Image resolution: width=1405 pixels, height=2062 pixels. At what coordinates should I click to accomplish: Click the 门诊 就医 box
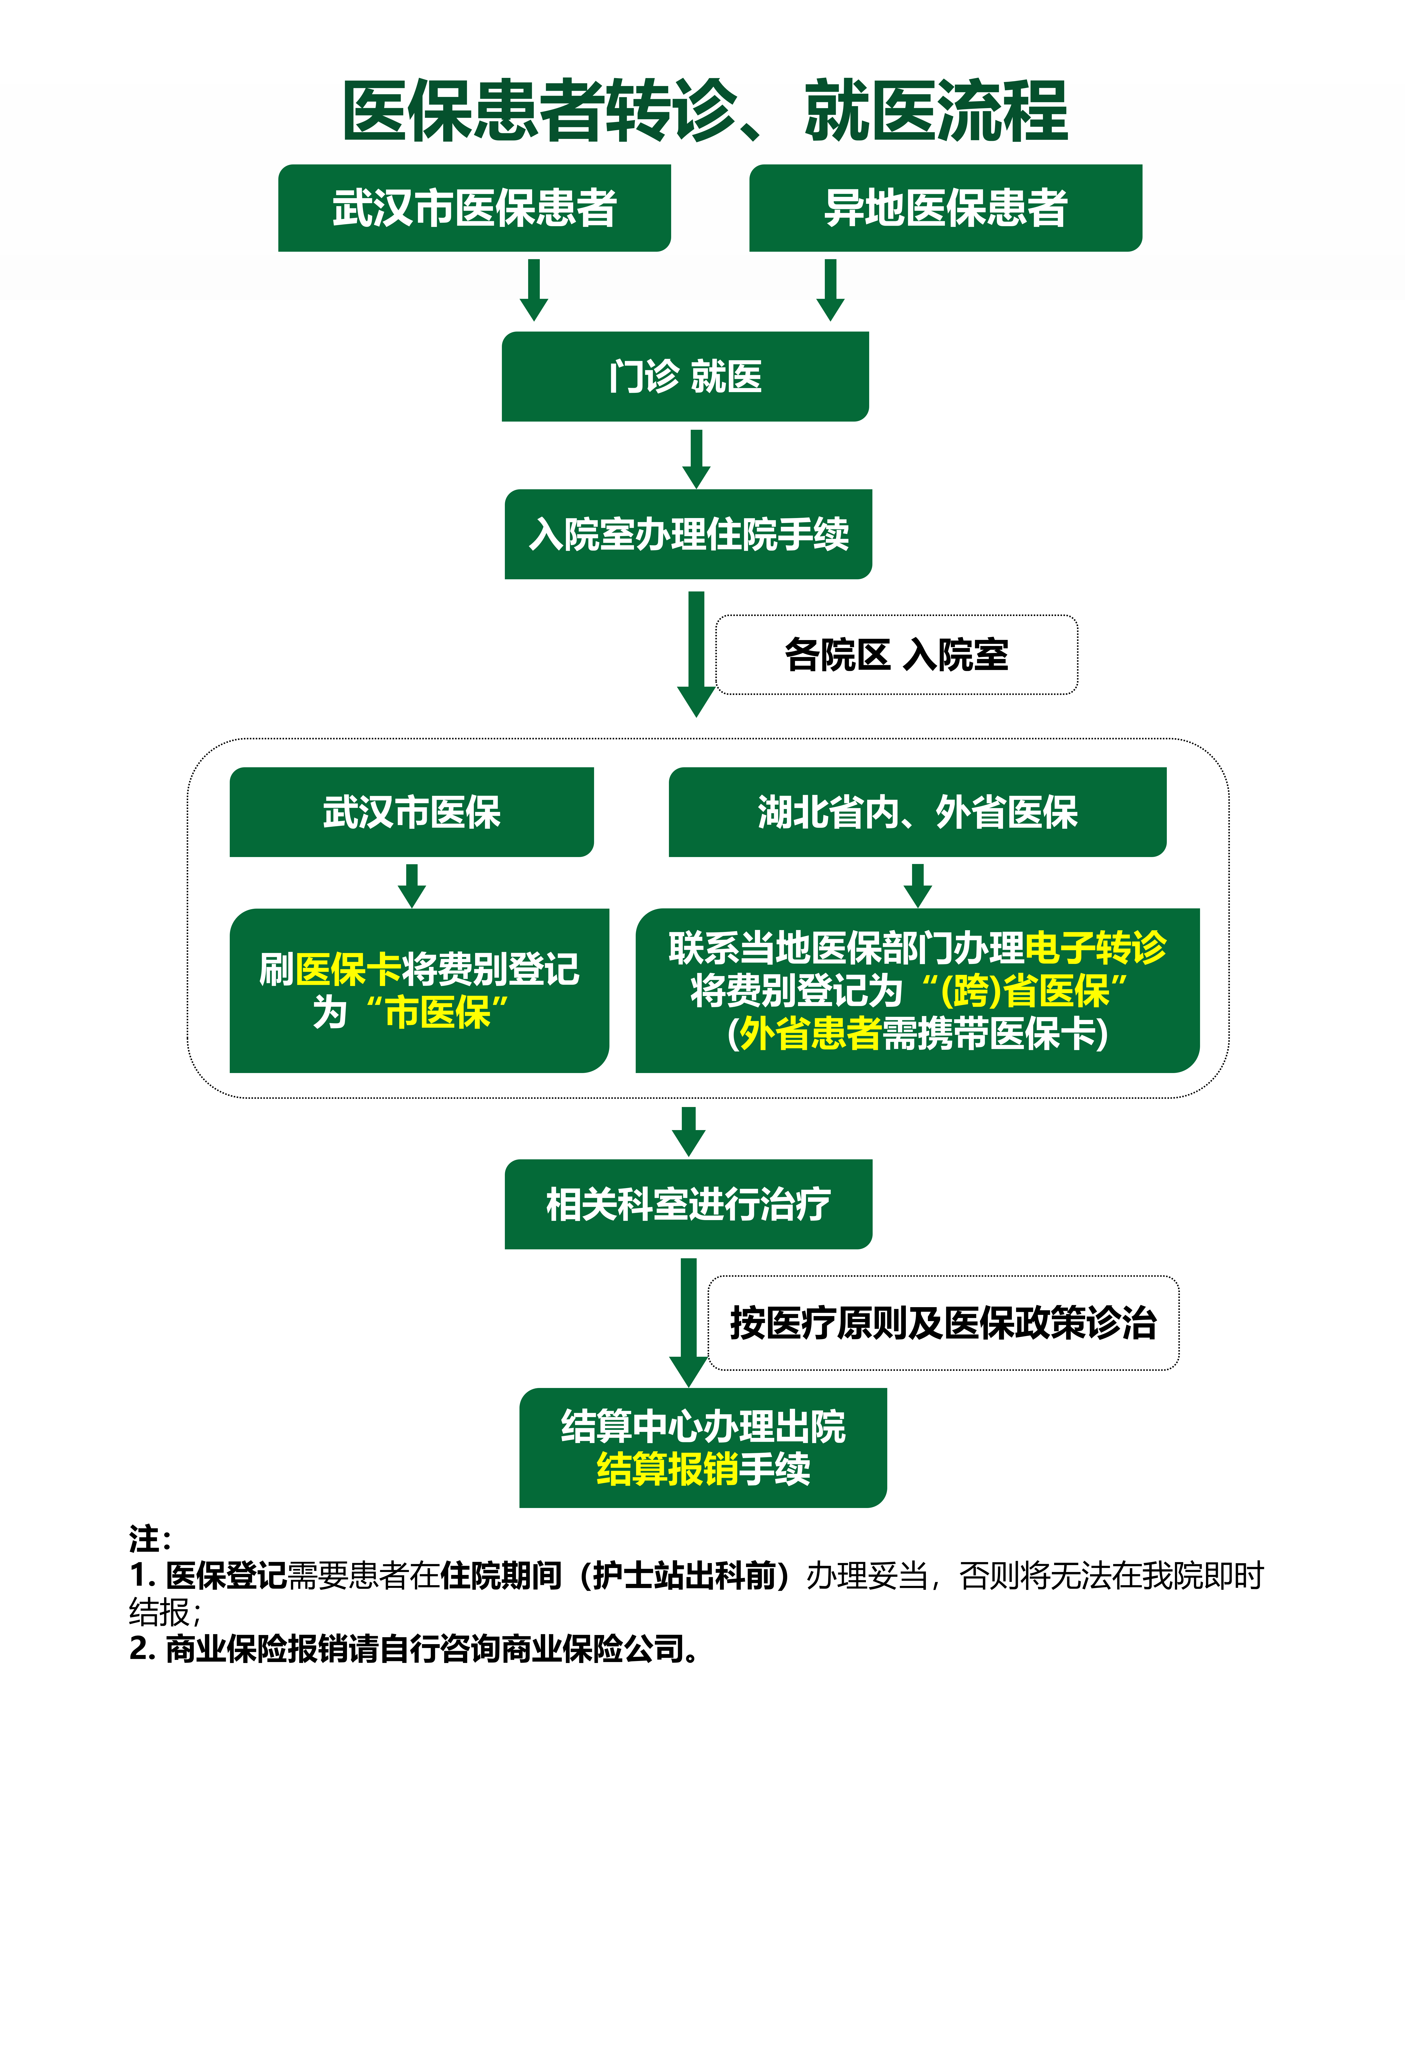685,376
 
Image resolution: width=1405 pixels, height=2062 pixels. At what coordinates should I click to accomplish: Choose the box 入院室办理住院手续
688,534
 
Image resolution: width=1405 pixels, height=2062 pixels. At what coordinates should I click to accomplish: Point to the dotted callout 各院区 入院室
896,655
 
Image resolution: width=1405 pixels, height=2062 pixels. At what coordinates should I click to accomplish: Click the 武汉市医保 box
412,812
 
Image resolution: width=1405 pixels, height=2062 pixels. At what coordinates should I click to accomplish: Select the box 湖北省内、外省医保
917,812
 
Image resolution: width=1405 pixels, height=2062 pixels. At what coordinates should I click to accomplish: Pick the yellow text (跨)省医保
1025,990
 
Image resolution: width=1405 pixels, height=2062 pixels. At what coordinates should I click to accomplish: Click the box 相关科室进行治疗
688,1204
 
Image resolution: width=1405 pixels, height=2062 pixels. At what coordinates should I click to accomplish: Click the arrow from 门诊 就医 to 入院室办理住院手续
696,459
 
